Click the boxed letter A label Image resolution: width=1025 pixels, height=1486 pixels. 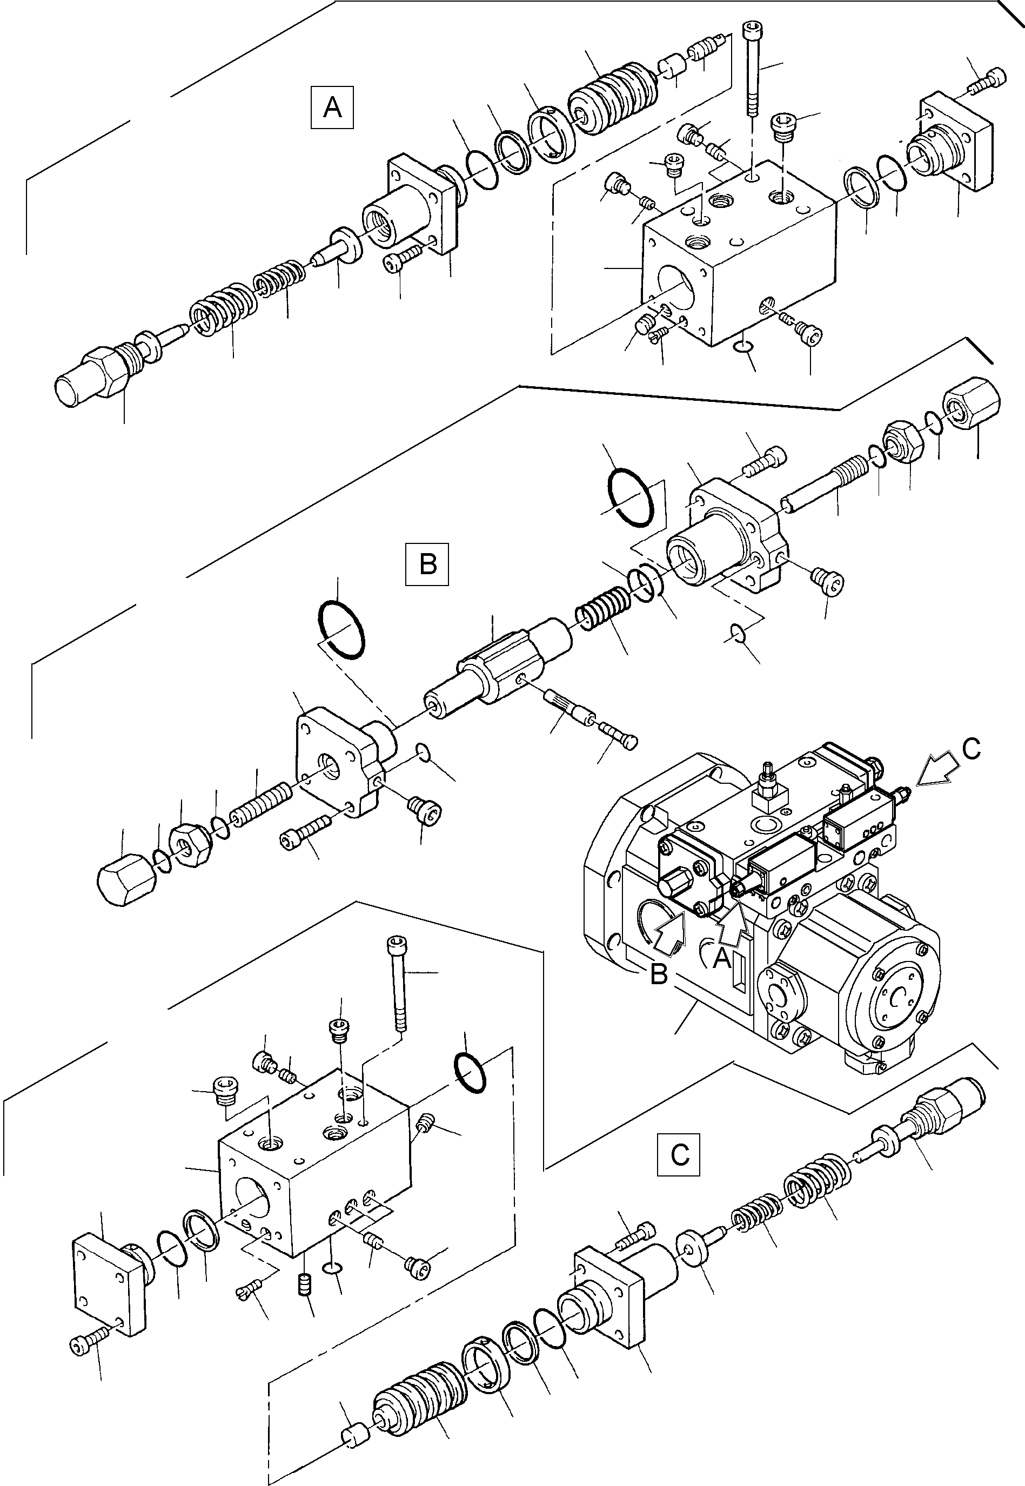pos(332,107)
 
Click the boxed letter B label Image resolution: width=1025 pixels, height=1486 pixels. pos(427,564)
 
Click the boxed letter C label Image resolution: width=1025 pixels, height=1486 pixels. pos(678,1155)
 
